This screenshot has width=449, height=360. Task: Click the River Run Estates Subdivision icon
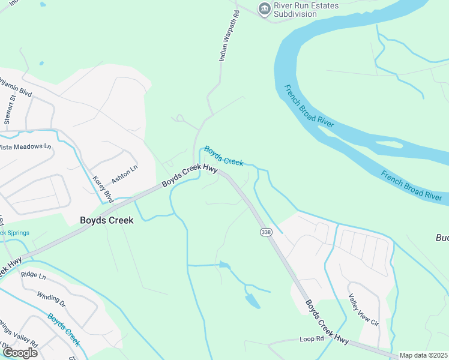coord(264,9)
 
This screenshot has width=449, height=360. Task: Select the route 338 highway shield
coord(265,231)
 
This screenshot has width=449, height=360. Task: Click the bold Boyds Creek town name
coord(107,220)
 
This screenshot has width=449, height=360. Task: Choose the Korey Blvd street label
coord(103,188)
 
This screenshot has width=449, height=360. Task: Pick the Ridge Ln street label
coord(33,275)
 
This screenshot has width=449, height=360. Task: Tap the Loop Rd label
coord(312,339)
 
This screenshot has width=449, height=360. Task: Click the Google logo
coord(19,353)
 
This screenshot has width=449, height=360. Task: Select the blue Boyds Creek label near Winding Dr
coord(64,329)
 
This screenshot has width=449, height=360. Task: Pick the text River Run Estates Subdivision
coord(306,10)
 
